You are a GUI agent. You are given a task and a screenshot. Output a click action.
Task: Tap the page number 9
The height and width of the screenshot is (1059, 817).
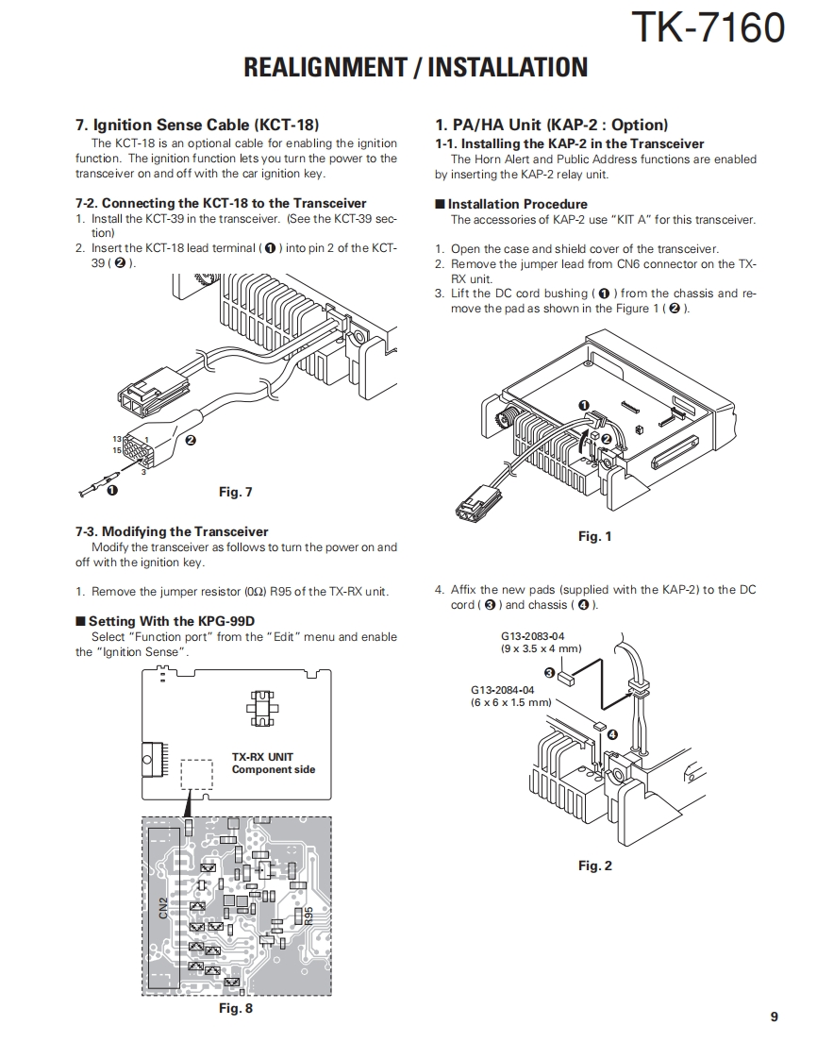774,1017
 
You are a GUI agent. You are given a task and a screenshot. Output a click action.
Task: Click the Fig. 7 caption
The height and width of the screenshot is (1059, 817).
235,492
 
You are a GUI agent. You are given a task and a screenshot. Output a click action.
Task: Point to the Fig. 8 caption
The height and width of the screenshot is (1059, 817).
235,1008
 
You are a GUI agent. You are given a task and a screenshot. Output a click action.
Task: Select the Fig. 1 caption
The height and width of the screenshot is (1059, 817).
594,536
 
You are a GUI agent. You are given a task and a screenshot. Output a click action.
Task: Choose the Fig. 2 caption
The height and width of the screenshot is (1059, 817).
594,866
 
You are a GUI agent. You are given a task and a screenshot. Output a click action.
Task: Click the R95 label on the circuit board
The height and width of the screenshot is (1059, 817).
308,916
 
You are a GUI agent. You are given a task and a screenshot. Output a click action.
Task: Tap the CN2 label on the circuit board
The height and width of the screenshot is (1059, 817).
163,908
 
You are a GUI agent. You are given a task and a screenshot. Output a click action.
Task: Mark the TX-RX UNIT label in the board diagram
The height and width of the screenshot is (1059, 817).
262,756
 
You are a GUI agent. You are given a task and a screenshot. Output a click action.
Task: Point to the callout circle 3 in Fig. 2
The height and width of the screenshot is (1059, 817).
549,671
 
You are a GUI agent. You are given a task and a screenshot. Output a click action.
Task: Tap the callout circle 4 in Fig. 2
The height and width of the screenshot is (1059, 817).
612,733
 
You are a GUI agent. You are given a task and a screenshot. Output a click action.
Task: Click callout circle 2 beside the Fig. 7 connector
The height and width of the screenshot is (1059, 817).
191,440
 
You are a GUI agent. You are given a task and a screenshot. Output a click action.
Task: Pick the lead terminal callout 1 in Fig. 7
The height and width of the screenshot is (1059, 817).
112,491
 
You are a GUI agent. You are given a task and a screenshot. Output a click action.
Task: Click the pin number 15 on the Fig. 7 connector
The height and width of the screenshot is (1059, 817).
117,450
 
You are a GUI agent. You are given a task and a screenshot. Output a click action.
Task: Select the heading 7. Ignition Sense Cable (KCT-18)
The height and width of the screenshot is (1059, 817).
197,125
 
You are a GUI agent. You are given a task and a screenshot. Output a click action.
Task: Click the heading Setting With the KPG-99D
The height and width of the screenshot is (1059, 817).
172,621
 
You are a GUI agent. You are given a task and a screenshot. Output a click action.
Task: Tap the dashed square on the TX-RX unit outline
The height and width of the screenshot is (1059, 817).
197,775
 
